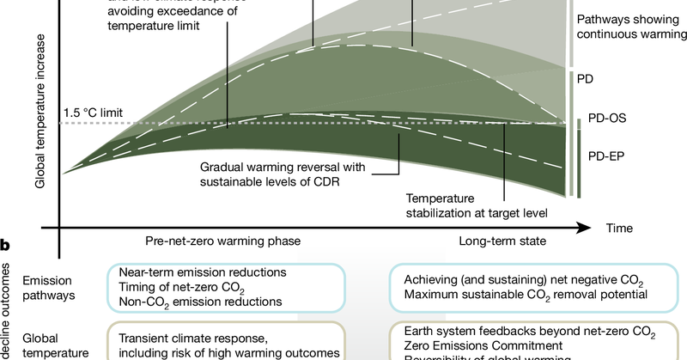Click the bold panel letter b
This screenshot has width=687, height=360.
5,247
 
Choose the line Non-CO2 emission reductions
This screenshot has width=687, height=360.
200,302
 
